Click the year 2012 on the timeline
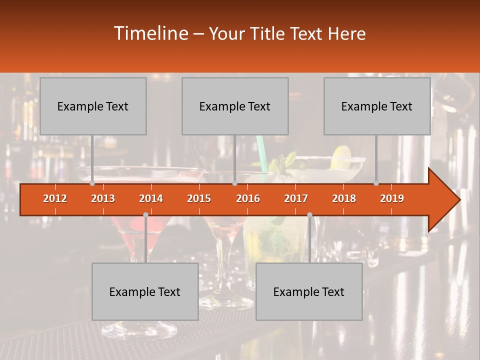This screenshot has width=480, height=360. pyautogui.click(x=55, y=198)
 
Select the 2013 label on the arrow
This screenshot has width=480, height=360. pyautogui.click(x=103, y=198)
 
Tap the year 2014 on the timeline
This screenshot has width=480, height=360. pyautogui.click(x=151, y=198)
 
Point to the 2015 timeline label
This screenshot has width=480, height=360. pyautogui.click(x=199, y=198)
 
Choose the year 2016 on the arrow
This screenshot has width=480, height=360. pyautogui.click(x=248, y=198)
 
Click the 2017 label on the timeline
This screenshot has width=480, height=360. pyautogui.click(x=296, y=198)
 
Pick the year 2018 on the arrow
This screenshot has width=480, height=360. pyautogui.click(x=344, y=198)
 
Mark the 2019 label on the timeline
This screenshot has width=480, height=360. pyautogui.click(x=392, y=198)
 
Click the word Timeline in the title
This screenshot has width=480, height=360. pyautogui.click(x=150, y=33)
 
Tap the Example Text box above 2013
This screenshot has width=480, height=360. pyautogui.click(x=93, y=106)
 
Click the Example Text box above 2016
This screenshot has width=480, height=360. pyautogui.click(x=235, y=106)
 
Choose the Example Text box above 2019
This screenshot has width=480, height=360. pyautogui.click(x=377, y=106)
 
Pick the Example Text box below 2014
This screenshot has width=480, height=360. pyautogui.click(x=145, y=291)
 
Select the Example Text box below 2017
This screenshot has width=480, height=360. pyautogui.click(x=309, y=291)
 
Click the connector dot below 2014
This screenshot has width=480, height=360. pyautogui.click(x=145, y=214)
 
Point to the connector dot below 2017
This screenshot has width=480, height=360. pyautogui.click(x=309, y=214)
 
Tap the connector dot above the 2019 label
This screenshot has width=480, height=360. pyautogui.click(x=376, y=183)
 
